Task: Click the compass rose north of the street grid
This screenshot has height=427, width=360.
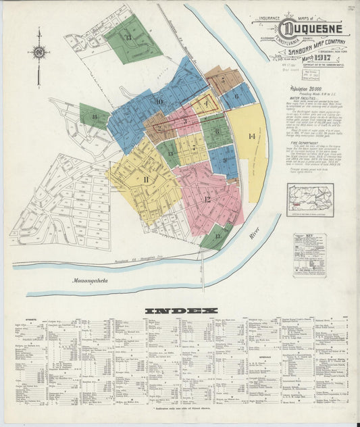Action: click(x=39, y=52)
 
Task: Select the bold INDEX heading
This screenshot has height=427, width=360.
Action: click(x=182, y=311)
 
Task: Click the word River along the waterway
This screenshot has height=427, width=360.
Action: click(x=254, y=234)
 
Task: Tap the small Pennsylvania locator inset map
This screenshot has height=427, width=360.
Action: click(x=310, y=199)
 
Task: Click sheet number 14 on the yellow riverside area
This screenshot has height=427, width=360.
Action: click(x=252, y=136)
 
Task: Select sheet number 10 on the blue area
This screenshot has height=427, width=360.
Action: click(x=159, y=102)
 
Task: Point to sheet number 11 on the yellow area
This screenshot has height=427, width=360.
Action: click(x=145, y=179)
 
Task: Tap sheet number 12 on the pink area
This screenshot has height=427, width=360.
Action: click(x=207, y=199)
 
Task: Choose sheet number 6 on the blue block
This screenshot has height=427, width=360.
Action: click(x=236, y=95)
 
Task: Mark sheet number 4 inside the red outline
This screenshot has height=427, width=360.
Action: click(x=206, y=104)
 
